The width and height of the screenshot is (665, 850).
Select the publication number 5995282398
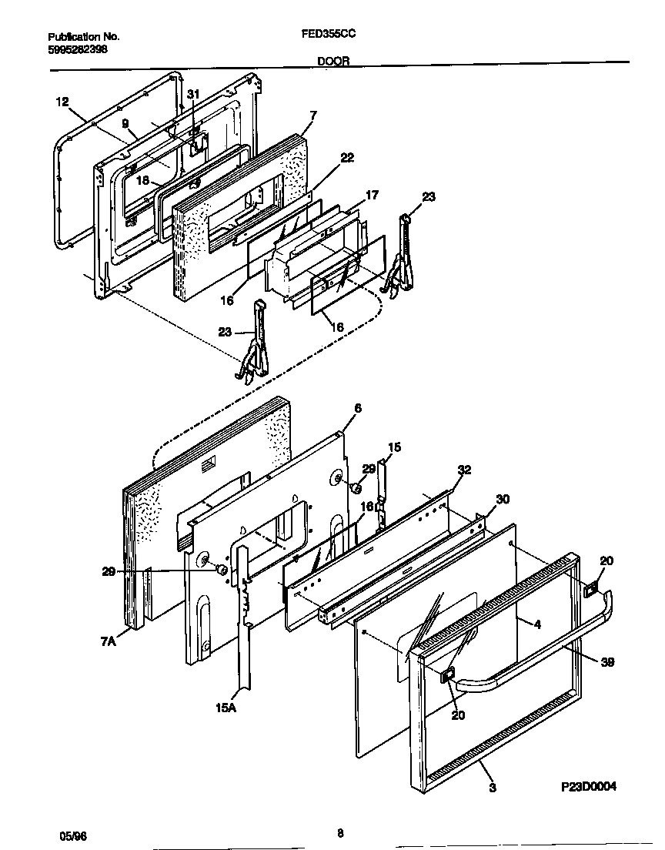pyautogui.click(x=78, y=49)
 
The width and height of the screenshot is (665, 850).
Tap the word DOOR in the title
pyautogui.click(x=332, y=60)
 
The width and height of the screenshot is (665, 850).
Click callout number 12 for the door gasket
pyautogui.click(x=62, y=101)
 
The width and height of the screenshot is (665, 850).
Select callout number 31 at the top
pyautogui.click(x=193, y=94)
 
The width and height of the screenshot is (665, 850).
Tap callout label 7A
pyautogui.click(x=107, y=641)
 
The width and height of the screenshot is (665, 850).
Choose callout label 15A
pyautogui.click(x=225, y=707)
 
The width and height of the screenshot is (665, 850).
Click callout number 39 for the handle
pyautogui.click(x=608, y=661)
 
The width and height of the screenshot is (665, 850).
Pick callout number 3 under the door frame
pyautogui.click(x=491, y=788)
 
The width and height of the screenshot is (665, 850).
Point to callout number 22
pyautogui.click(x=347, y=157)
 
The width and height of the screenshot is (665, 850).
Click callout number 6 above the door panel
pyautogui.click(x=357, y=407)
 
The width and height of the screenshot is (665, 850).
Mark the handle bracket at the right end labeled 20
pyautogui.click(x=590, y=590)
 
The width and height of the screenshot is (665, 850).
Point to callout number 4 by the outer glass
pyautogui.click(x=537, y=624)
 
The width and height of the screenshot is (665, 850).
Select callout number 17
pyautogui.click(x=372, y=196)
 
